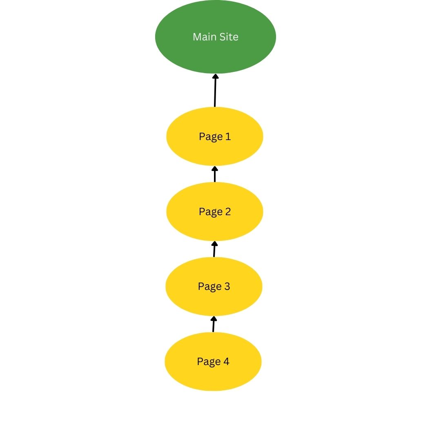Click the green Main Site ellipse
coord(216,37)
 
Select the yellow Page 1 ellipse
coord(215,136)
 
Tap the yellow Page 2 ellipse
coord(215,212)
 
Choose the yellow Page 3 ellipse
coord(214,286)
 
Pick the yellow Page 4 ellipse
coord(213,361)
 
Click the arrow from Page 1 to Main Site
coord(215,90)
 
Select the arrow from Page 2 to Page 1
coord(215,174)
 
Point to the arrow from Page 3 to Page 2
coord(214,249)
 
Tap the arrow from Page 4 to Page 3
coord(214,324)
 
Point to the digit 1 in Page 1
coord(228,136)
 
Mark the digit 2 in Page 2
coord(228,212)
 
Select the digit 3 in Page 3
coord(227,286)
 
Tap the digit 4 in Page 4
coord(226,361)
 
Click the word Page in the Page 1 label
coord(211,137)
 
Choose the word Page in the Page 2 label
coord(211,212)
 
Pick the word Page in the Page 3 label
coord(210,287)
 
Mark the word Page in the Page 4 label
coord(209,362)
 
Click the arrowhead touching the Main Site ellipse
coord(216,76)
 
